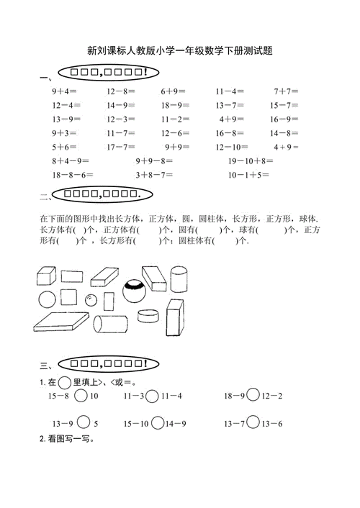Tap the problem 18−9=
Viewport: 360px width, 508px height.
point(175,106)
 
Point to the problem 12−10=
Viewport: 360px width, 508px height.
point(233,147)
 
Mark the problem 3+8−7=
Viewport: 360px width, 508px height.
point(154,174)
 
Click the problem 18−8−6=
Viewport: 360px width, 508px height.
point(73,174)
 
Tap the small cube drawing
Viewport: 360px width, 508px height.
point(46,276)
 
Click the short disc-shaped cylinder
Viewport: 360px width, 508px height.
point(148,317)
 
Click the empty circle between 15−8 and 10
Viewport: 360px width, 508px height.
point(81,396)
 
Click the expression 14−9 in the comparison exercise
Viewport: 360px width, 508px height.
point(175,423)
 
